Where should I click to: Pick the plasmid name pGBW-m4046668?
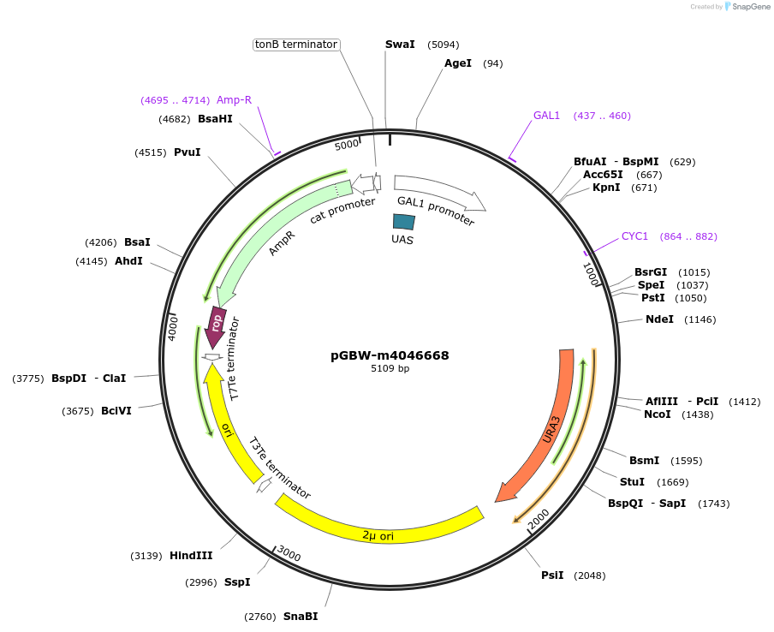(x=390, y=355)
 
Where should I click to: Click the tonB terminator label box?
(x=296, y=45)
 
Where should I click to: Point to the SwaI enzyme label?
(x=400, y=45)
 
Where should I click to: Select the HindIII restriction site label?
(x=191, y=556)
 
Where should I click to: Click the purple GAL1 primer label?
(x=546, y=116)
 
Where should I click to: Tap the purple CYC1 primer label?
(x=634, y=236)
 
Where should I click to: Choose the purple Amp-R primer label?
(x=234, y=100)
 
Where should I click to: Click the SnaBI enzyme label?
(x=301, y=617)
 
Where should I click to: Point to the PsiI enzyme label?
(x=552, y=575)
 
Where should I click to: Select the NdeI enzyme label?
(x=659, y=319)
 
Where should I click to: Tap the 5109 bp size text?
(x=390, y=369)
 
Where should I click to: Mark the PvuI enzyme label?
(x=187, y=152)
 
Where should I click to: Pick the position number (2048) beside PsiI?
(x=589, y=575)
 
